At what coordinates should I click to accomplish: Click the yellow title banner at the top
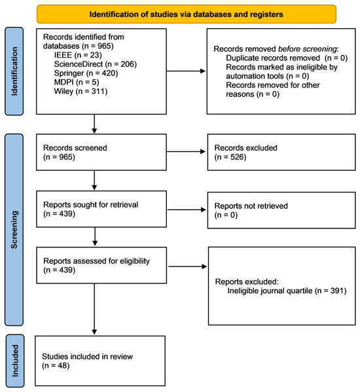(187, 14)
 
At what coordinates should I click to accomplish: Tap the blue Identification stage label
(14, 71)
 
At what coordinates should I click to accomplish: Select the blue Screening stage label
(14, 230)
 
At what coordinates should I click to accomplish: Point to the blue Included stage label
(15, 361)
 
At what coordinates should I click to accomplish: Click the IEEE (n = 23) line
(78, 55)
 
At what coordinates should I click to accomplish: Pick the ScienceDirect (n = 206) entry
(96, 64)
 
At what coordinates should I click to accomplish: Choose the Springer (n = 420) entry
(86, 73)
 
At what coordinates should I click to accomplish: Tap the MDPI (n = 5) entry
(77, 82)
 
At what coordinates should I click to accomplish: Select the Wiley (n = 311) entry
(81, 91)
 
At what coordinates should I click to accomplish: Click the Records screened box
(101, 152)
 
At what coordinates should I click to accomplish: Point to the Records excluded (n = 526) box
(281, 152)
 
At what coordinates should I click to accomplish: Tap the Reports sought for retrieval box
(101, 209)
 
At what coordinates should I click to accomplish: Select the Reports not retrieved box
(281, 210)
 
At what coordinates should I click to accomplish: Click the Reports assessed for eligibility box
(101, 265)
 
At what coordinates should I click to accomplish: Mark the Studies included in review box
(100, 361)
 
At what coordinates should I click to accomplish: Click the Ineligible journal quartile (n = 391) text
(287, 291)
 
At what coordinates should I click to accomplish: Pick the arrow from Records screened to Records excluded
(186, 152)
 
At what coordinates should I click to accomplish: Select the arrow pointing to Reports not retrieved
(187, 209)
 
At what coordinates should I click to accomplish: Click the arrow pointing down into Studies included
(94, 309)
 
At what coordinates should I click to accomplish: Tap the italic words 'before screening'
(307, 48)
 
